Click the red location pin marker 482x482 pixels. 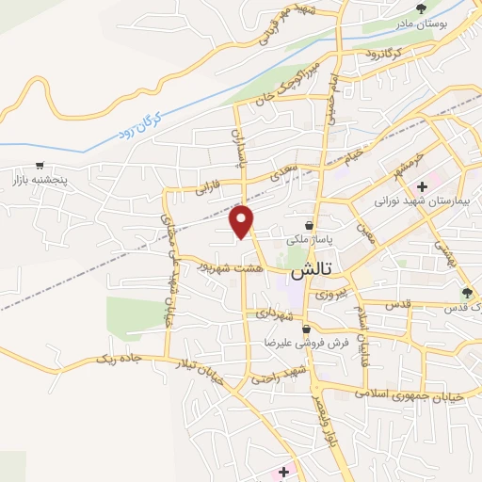[x=243, y=221]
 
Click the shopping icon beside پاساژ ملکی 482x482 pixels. [x=309, y=224]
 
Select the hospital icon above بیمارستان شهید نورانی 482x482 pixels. [x=423, y=186]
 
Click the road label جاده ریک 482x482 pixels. [x=119, y=358]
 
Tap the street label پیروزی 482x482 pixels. [x=330, y=293]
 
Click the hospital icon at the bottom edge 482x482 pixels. [x=283, y=470]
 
